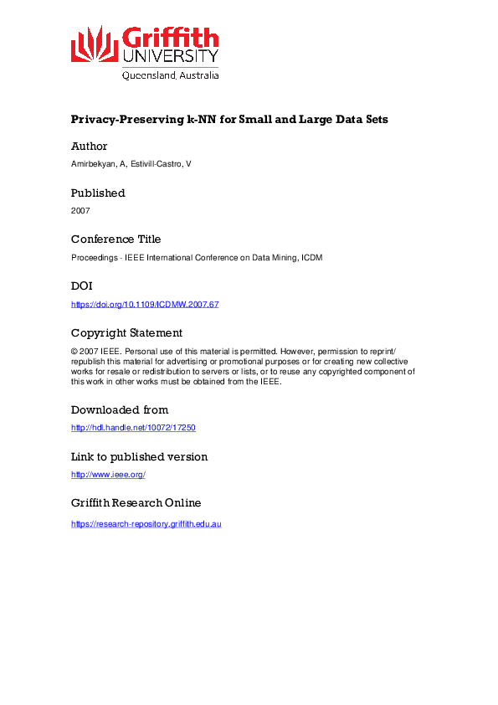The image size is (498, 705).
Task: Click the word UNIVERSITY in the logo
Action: click(x=171, y=56)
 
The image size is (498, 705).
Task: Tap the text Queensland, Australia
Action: click(x=171, y=75)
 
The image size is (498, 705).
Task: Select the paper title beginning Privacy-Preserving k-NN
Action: click(x=229, y=119)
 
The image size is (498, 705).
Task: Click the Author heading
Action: click(x=90, y=146)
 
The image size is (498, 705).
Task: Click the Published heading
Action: click(x=98, y=193)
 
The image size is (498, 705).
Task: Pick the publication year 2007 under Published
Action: click(x=80, y=211)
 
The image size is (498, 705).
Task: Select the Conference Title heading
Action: click(x=116, y=239)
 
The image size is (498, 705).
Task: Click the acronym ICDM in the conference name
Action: click(x=311, y=258)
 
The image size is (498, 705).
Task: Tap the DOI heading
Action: click(x=81, y=286)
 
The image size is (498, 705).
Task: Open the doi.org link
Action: click(x=145, y=304)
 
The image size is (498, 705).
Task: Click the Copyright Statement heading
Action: click(x=126, y=332)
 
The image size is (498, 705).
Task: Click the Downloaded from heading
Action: click(x=120, y=409)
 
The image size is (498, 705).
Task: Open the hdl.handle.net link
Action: click(x=133, y=428)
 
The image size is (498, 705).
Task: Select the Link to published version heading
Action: click(x=139, y=456)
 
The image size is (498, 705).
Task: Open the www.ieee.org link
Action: click(x=108, y=475)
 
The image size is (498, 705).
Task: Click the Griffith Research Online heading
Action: click(x=136, y=502)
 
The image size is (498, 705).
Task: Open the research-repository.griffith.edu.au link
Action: click(x=146, y=523)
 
